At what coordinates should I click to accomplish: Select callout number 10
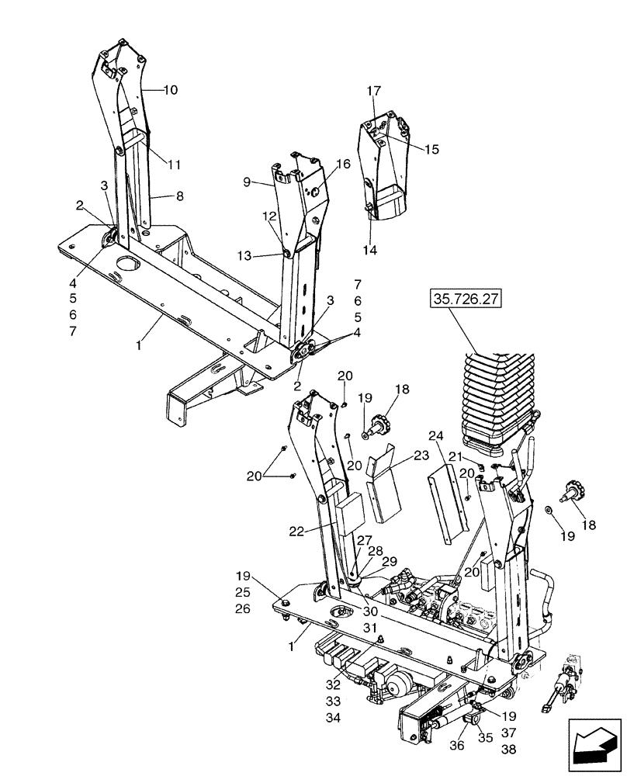pyautogui.click(x=170, y=90)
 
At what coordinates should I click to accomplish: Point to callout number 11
pyautogui.click(x=175, y=165)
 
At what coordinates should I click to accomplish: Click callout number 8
pyautogui.click(x=179, y=197)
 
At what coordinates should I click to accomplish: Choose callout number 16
pyautogui.click(x=344, y=164)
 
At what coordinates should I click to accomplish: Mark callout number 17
pyautogui.click(x=373, y=92)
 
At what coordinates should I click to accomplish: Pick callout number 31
pyautogui.click(x=370, y=628)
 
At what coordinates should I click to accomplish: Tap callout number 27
pyautogui.click(x=365, y=541)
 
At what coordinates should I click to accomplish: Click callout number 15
pyautogui.click(x=431, y=149)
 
